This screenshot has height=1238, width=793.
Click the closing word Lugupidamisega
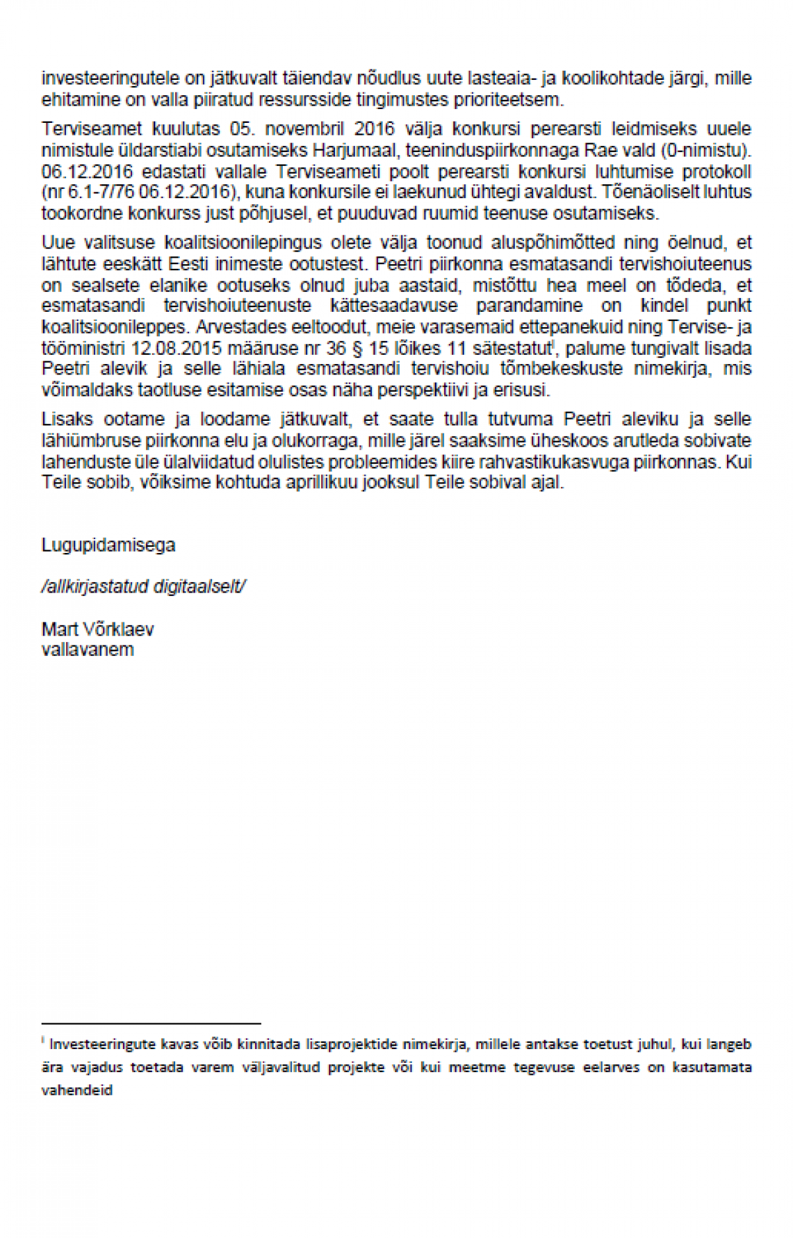click(x=108, y=545)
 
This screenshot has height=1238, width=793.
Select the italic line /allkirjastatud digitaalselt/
click(x=143, y=587)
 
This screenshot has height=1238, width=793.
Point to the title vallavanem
click(x=87, y=649)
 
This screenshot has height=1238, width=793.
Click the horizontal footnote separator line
click(x=151, y=1023)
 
